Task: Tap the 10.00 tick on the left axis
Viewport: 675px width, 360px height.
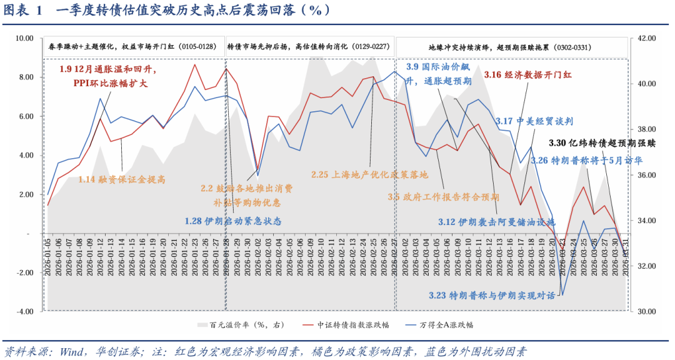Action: point(24,38)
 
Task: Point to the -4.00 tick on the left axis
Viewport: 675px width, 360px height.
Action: point(24,311)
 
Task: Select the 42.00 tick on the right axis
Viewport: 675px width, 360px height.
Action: point(644,38)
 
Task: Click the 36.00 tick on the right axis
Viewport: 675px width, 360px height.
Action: point(644,175)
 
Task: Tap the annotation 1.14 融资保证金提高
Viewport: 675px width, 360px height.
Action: point(122,179)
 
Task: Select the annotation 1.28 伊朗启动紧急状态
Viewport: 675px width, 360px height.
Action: point(233,221)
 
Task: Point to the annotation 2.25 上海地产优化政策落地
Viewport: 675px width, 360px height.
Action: point(369,174)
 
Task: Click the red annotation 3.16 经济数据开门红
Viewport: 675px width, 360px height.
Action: point(528,74)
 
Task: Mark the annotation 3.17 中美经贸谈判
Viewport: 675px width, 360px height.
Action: point(534,121)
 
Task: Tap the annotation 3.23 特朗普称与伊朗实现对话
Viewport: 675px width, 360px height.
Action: point(492,296)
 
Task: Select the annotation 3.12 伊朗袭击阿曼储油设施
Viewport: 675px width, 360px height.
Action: point(496,222)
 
